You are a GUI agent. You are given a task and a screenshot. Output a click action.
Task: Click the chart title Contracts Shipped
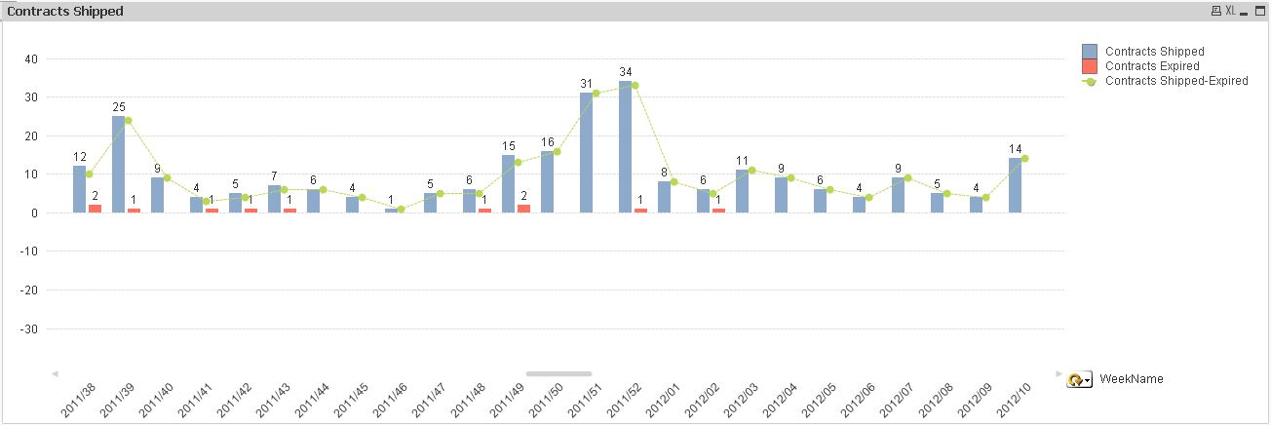[65, 11]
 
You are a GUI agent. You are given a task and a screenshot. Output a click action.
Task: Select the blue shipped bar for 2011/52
[625, 146]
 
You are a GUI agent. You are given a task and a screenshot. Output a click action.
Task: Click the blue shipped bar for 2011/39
[118, 164]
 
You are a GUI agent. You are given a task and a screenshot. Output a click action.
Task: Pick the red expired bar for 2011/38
[95, 209]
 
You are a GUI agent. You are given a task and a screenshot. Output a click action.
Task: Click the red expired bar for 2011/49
[523, 209]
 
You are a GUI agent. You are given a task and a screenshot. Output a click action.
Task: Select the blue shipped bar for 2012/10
[1015, 185]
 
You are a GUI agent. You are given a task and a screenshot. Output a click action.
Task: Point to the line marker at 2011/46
[401, 209]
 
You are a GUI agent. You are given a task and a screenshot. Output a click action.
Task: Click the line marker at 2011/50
[557, 151]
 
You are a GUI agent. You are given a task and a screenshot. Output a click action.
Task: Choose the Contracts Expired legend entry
[1152, 66]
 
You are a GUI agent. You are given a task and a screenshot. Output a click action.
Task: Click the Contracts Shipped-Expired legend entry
[1176, 81]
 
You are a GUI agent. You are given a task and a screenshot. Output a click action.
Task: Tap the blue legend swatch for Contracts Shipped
[1090, 51]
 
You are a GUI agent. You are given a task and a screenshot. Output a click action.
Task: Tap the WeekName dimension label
[1131, 379]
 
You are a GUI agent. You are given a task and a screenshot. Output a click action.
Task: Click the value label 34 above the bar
[625, 72]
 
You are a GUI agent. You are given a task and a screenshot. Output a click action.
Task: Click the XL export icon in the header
[1230, 11]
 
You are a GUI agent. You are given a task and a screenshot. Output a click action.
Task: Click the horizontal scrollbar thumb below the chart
[558, 373]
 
